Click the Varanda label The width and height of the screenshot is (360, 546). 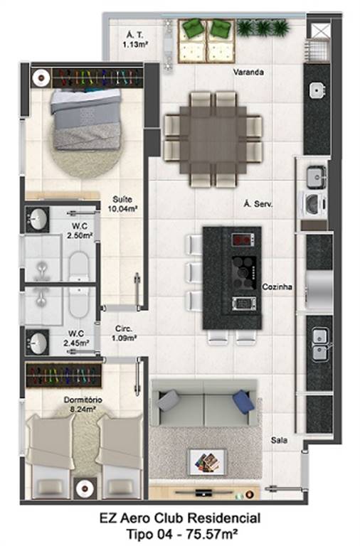(x=248, y=72)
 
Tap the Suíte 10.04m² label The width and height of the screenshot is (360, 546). (x=122, y=204)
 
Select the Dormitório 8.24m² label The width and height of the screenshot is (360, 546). (x=83, y=405)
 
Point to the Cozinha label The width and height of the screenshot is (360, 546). (x=277, y=287)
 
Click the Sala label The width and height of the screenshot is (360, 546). (x=279, y=440)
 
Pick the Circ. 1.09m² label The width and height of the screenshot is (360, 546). (x=124, y=333)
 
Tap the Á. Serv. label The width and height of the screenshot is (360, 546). (x=258, y=204)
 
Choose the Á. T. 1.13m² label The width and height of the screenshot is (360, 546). (x=135, y=40)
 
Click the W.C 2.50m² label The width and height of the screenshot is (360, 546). (x=80, y=230)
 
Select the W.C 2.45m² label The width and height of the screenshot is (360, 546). (x=76, y=338)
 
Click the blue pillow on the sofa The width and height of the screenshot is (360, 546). (x=243, y=402)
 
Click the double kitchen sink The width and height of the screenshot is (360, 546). (x=319, y=344)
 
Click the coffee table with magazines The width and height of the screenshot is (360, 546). (x=207, y=462)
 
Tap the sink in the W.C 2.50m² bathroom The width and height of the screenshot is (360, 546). (x=37, y=220)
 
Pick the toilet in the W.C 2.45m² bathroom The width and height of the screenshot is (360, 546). (x=78, y=300)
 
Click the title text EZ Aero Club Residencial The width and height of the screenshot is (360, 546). (x=180, y=518)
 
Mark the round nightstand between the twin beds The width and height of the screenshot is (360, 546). (x=84, y=488)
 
